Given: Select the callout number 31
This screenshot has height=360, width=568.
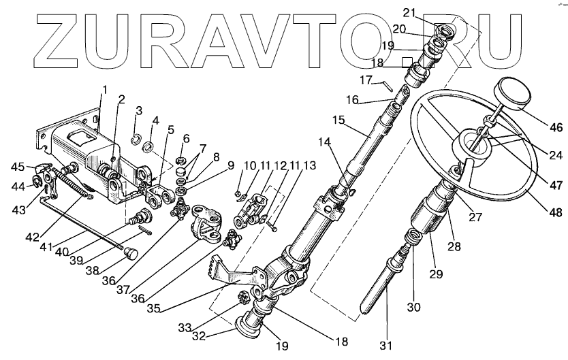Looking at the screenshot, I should (387, 346).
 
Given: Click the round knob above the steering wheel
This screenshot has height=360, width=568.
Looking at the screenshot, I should (516, 92).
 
